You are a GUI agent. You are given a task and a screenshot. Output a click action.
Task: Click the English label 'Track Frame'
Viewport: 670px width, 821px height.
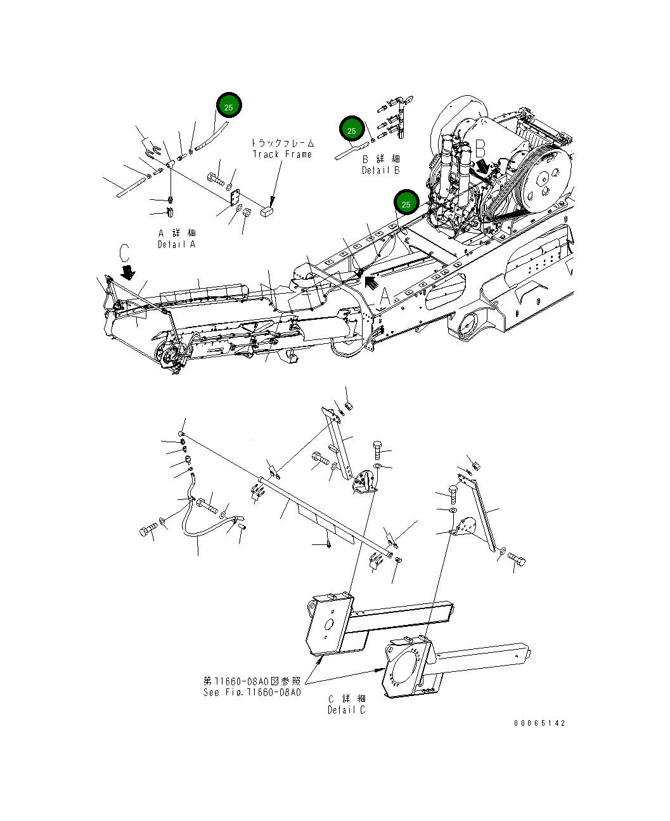pos(282,154)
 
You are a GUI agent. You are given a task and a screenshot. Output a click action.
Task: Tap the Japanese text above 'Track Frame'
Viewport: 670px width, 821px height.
pos(282,143)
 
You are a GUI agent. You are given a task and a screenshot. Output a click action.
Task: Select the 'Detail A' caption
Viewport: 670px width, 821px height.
pos(177,244)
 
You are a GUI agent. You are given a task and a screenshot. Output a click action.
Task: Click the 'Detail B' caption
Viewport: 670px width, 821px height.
pos(381,170)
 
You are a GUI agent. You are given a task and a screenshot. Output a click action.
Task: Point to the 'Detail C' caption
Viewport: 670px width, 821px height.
pos(346,710)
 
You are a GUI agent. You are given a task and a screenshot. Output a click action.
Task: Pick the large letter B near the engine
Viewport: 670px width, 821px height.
pos(480,149)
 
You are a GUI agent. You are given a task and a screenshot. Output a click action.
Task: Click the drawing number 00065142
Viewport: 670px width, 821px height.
pos(539,723)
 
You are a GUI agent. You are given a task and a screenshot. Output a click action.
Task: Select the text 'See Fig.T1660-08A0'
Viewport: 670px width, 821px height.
pos(252,692)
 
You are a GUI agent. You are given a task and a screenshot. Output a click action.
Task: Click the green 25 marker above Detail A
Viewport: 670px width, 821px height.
pos(229,107)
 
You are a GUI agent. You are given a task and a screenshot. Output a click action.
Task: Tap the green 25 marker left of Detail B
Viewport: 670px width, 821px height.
pos(351,130)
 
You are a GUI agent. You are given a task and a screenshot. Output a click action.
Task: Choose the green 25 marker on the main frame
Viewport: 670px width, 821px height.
pos(406,204)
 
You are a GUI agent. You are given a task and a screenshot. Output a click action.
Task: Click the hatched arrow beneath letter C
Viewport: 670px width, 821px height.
pos(129,272)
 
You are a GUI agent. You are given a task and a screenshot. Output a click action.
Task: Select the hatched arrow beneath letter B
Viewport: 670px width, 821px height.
pos(482,166)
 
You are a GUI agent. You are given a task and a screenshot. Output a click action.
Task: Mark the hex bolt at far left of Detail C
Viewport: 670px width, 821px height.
pos(148,530)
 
